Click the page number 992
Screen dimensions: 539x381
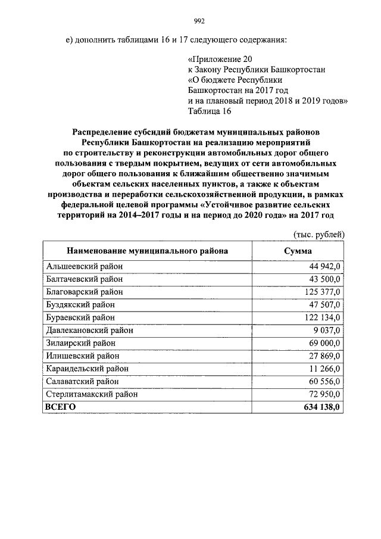(x=199, y=22)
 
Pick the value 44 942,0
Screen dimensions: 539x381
(x=321, y=267)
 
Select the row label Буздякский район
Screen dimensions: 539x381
(x=80, y=305)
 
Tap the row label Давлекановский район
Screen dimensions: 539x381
(x=89, y=330)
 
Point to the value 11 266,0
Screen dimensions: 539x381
(x=321, y=368)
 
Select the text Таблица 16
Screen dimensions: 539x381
(x=210, y=111)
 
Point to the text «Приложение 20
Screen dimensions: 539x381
(x=219, y=60)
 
